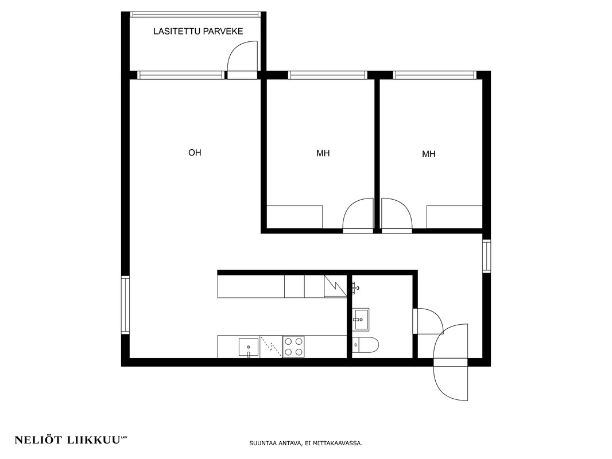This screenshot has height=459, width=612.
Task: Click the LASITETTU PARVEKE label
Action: click(x=198, y=31)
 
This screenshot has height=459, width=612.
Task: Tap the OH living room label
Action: click(x=195, y=153)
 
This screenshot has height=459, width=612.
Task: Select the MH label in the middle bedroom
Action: click(x=323, y=153)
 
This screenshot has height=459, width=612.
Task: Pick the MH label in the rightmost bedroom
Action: click(x=428, y=154)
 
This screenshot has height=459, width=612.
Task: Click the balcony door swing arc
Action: click(x=234, y=50)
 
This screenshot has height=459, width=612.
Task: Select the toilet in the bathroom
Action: click(x=365, y=345)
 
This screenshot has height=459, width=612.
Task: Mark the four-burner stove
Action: click(x=293, y=347)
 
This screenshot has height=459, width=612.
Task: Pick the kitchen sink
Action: click(x=249, y=347)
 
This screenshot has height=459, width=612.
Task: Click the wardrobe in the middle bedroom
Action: click(x=295, y=217)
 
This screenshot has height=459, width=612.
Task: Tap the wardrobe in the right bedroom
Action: click(x=454, y=217)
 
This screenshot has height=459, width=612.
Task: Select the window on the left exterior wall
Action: click(x=125, y=305)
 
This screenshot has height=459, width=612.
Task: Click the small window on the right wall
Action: click(x=486, y=256)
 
